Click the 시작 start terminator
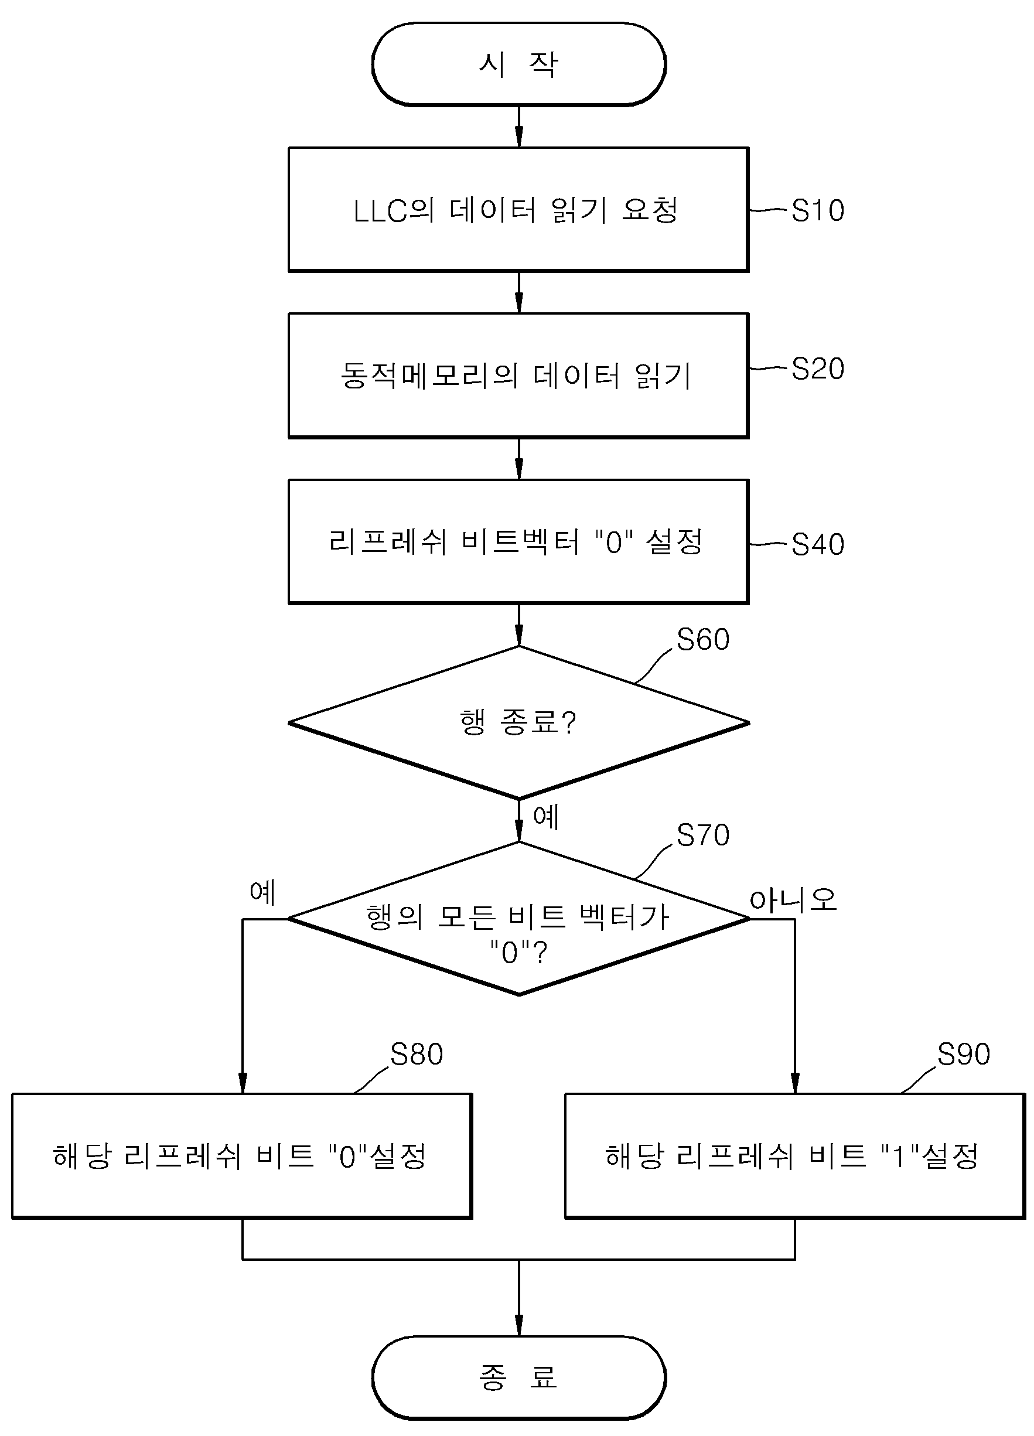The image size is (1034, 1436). pos(518,64)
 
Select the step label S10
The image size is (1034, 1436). pos(817,211)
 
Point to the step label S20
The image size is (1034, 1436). pos(817,369)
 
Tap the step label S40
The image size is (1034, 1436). pos(817,544)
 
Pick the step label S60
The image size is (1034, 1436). pos(703,639)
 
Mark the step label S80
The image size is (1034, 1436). pos(417,1054)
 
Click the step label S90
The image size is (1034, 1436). pos(964,1054)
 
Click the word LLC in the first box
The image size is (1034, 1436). pos(379,211)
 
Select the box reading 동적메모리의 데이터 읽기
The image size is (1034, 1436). pos(518,376)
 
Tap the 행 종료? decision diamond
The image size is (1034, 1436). pos(518,722)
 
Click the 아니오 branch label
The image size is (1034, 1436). pos(793,900)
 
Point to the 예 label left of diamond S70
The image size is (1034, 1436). pos(262,892)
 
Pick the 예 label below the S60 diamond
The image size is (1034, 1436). pos(546,817)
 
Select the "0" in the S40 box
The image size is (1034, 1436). pos(614,542)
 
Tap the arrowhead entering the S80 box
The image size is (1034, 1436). pos(243,1083)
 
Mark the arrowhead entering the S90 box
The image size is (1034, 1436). pos(794,1083)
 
